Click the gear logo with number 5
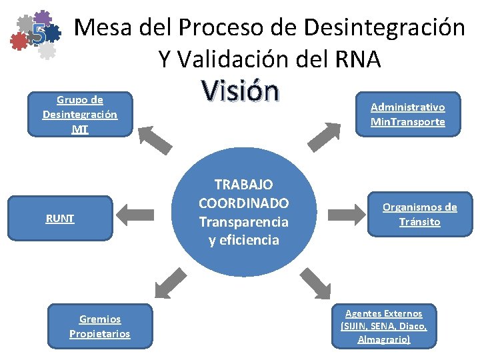point(37,33)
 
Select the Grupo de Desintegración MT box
point(80,114)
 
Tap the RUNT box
point(60,217)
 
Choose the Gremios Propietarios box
point(100,326)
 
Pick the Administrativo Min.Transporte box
point(408,114)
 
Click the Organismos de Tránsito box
point(420,215)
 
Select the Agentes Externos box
point(384,326)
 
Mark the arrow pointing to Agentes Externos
point(315,282)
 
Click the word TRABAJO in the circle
point(243,185)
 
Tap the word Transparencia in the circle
point(243,222)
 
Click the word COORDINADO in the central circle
point(243,203)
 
